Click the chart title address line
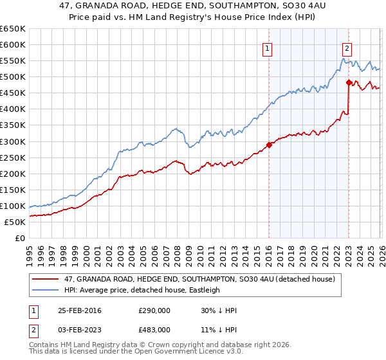point(193,6)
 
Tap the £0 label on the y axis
point(19,238)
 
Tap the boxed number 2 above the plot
point(347,47)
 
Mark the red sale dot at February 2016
point(269,145)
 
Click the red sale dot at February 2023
point(348,82)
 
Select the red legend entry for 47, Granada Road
point(199,280)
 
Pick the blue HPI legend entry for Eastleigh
point(142,290)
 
